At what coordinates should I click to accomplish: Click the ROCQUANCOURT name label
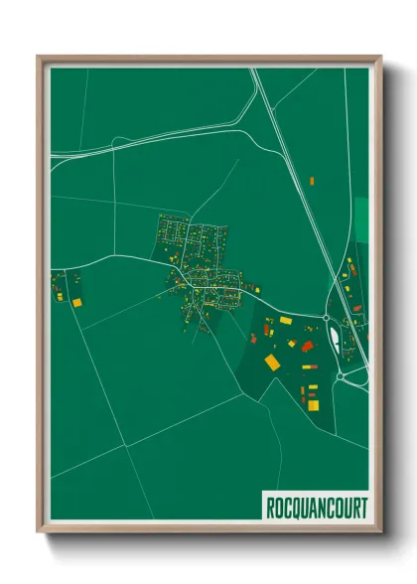[316, 508]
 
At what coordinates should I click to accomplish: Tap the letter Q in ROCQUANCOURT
[294, 508]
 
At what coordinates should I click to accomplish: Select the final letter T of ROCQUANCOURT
[362, 508]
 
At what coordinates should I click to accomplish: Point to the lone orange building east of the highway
[312, 180]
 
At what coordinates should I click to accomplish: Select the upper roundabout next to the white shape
[327, 318]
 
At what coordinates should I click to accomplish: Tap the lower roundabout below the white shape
[341, 376]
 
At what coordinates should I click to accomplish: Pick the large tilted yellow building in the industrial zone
[272, 363]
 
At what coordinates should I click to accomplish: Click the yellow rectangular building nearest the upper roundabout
[286, 321]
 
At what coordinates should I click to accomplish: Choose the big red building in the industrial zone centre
[308, 346]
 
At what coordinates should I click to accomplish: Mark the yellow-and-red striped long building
[312, 387]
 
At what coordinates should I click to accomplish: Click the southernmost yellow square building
[313, 404]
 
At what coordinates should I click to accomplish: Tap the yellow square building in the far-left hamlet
[75, 300]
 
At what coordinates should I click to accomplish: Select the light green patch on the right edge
[361, 220]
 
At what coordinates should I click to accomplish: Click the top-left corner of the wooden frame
[39, 57]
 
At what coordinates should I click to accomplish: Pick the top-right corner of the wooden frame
[380, 57]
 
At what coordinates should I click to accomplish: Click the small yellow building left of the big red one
[292, 343]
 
